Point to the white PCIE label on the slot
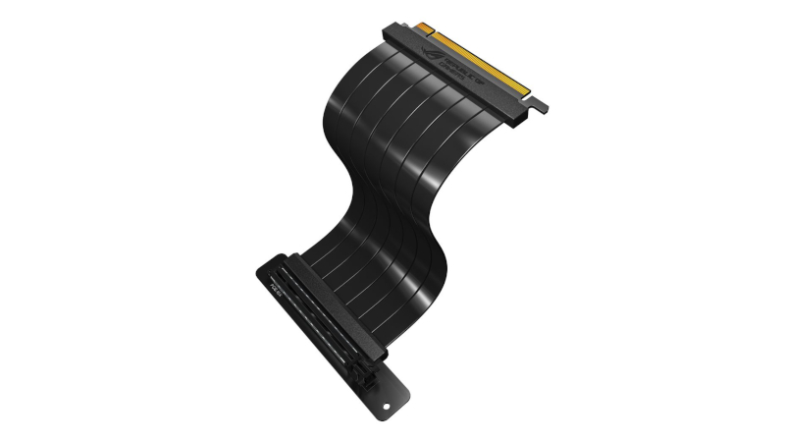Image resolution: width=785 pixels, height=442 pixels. [273, 289]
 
